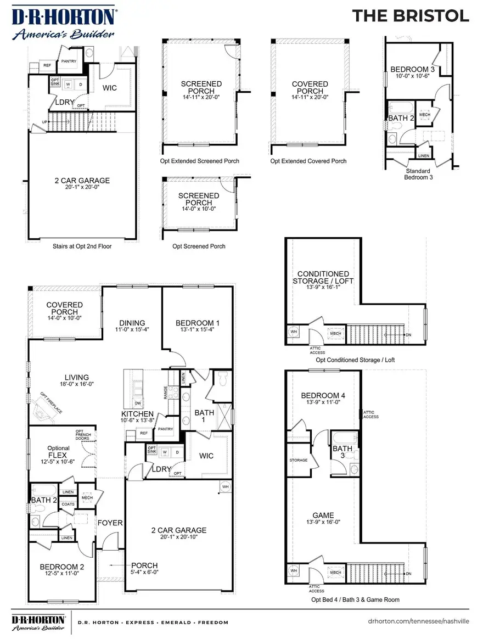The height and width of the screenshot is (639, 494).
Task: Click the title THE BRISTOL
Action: tap(411, 16)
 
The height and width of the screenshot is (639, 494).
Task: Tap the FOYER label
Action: tap(110, 523)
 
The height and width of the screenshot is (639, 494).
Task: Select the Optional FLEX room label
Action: tap(58, 451)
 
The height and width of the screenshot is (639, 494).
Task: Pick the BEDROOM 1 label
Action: tap(197, 323)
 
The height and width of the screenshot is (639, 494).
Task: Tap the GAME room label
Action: tap(323, 515)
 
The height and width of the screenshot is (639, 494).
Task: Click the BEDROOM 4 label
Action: tap(323, 395)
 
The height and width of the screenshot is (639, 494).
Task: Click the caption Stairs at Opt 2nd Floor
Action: tap(82, 246)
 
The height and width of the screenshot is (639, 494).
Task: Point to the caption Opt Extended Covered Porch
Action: tap(308, 161)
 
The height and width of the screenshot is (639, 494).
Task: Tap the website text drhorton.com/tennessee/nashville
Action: tap(418, 622)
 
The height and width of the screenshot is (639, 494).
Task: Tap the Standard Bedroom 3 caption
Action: tap(418, 173)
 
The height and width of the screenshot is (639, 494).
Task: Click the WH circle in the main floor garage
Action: tap(226, 486)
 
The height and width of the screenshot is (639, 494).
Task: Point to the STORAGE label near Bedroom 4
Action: tap(299, 460)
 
